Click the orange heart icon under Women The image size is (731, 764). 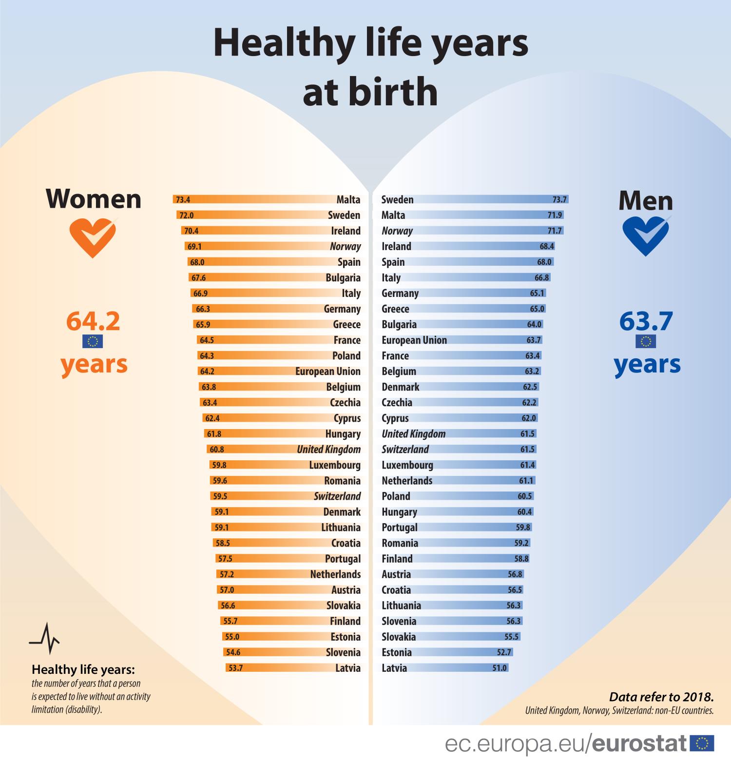93,237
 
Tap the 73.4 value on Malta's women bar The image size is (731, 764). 183,200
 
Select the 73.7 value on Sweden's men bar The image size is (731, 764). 559,199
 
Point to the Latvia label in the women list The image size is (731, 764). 348,668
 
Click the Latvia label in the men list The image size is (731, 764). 394,668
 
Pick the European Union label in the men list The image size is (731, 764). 414,340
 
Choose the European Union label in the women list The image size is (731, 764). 328,372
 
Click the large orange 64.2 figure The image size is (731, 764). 93,321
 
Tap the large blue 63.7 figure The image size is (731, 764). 646,321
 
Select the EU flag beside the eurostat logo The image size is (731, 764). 702,744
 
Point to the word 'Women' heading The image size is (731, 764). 94,199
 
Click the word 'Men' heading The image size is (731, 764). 646,200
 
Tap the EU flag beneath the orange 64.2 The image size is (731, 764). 93,341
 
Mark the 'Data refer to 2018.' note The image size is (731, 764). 661,696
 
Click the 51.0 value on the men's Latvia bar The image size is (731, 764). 500,668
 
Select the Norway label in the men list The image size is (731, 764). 397,231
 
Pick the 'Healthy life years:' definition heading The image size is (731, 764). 83,669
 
